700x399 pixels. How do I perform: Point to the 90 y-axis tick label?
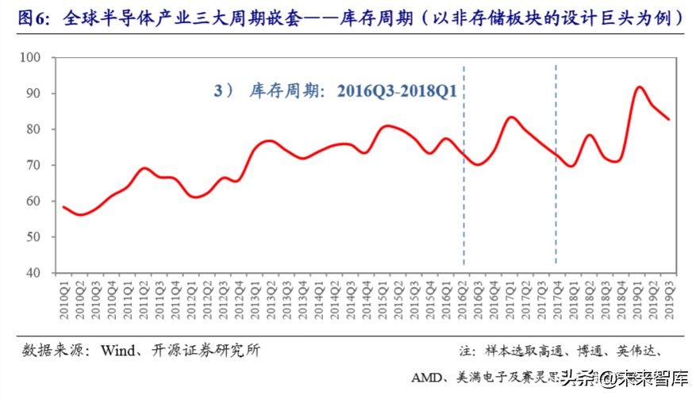click(x=41, y=94)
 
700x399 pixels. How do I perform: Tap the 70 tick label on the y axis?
click(x=41, y=165)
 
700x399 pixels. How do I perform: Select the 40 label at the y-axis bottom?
click(x=41, y=273)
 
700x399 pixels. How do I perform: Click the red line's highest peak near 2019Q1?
click(x=640, y=87)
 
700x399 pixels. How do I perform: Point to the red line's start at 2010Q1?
click(x=63, y=207)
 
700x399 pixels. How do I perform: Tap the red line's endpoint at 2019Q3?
click(x=669, y=119)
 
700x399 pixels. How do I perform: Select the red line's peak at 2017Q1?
click(x=511, y=117)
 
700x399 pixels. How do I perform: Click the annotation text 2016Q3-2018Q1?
click(x=397, y=91)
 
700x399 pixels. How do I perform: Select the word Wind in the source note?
click(x=118, y=350)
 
